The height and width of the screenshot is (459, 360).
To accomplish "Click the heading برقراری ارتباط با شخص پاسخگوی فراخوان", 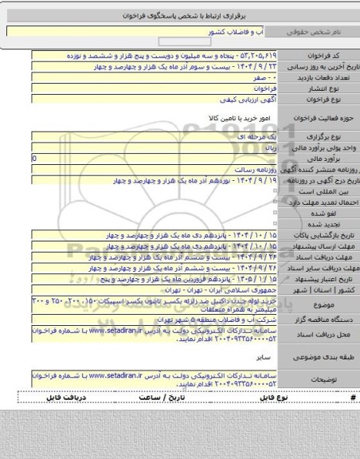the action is pyautogui.click(x=179, y=15).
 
